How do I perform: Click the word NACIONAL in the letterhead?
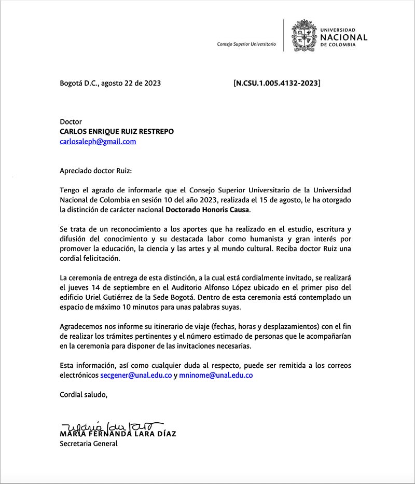coord(344,37)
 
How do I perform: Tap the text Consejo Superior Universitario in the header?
coord(246,45)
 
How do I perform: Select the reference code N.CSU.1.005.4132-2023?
coord(277,82)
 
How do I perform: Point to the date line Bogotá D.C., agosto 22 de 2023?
coord(110,82)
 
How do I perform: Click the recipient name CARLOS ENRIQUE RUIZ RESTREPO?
coord(117,132)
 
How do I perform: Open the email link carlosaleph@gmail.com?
coord(98,141)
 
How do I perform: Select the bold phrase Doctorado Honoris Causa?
coord(208,210)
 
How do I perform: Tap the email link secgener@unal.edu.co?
coord(136,375)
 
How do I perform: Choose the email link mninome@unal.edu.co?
coord(216,375)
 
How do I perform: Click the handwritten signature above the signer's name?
coord(112,426)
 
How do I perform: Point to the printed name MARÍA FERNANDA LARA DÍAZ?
coord(118,434)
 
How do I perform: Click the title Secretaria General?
coord(89,444)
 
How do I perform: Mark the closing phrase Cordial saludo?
coord(84,394)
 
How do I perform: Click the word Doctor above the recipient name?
coord(71,122)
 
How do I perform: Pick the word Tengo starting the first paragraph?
coord(70,190)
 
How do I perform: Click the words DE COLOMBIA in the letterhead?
coord(338,45)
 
